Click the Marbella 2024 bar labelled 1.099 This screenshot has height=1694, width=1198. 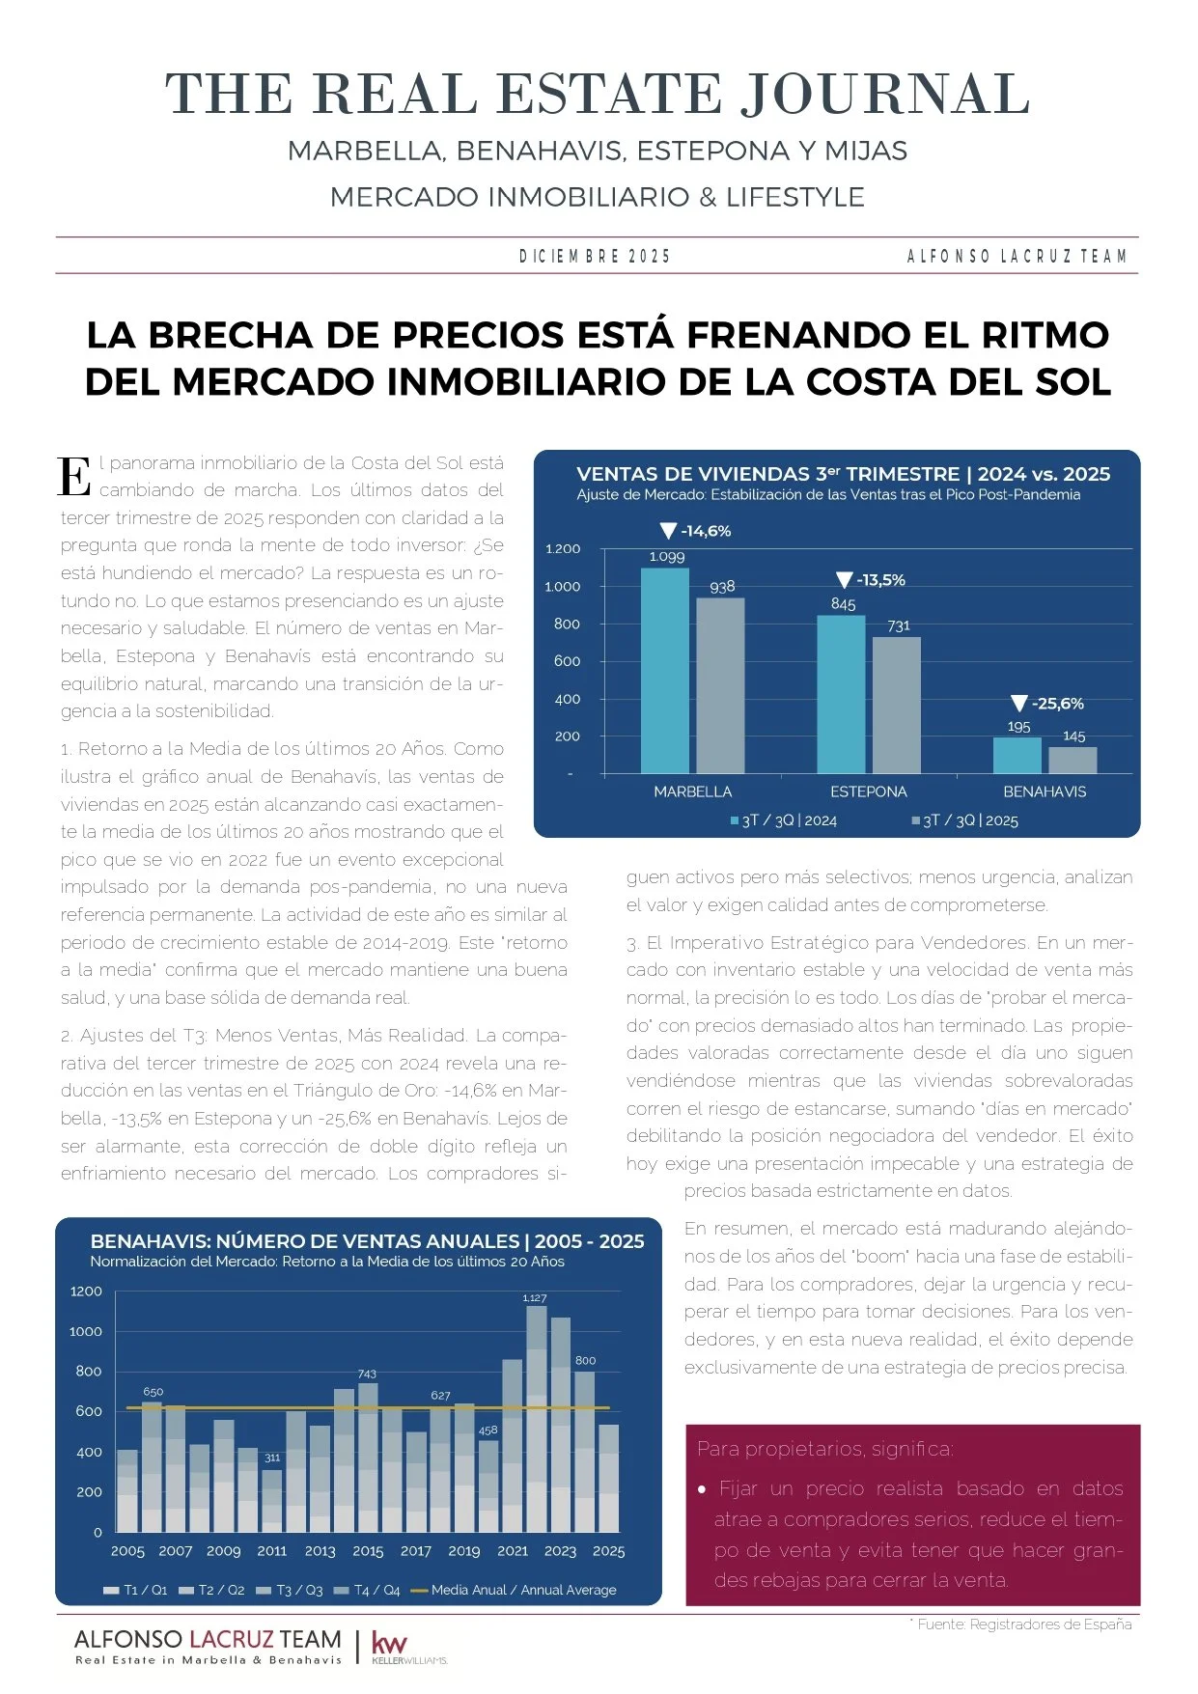[x=665, y=670]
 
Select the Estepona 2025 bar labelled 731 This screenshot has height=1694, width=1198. [x=896, y=705]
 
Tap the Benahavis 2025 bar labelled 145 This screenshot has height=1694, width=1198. [x=1073, y=760]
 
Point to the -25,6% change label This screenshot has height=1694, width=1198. [x=1057, y=704]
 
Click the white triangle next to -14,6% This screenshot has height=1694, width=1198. [x=668, y=531]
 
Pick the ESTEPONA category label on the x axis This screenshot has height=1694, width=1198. [x=869, y=791]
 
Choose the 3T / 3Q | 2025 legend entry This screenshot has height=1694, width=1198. [x=964, y=820]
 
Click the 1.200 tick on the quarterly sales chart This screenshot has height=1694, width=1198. [x=563, y=549]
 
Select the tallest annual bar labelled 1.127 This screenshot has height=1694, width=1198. [x=536, y=1419]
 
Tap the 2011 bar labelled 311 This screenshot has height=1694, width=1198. [x=272, y=1500]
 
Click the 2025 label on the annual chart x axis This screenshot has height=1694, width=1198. [x=608, y=1551]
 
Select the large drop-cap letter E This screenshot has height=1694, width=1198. [x=74, y=477]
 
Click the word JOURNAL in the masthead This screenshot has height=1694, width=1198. [x=885, y=95]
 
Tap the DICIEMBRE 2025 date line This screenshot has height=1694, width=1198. [x=595, y=256]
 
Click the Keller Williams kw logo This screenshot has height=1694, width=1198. [x=389, y=1644]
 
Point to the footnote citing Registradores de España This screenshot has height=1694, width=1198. [x=1023, y=1625]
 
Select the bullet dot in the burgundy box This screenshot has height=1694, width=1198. [x=702, y=1489]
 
